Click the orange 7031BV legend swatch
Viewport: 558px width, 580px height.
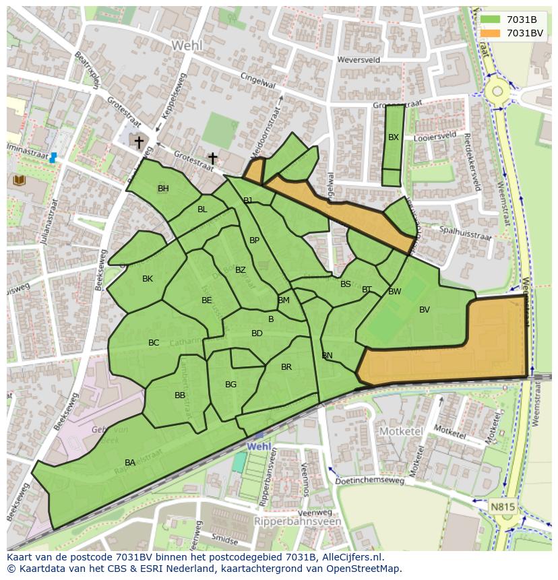490,33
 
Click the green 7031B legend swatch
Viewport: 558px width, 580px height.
490,20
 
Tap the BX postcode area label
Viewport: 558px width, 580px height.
394,137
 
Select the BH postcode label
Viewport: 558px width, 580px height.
163,189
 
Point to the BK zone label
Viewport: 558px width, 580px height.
148,279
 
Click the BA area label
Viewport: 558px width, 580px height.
130,462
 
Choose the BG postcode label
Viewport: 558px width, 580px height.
231,385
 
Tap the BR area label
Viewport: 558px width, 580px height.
286,367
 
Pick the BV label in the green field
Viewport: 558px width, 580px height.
425,310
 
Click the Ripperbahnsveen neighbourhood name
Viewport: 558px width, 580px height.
299,521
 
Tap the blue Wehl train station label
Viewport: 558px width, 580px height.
259,447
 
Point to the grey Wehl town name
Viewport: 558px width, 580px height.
187,46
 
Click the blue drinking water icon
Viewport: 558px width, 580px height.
53,158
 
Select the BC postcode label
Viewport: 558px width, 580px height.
154,343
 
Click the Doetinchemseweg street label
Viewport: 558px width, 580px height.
374,481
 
